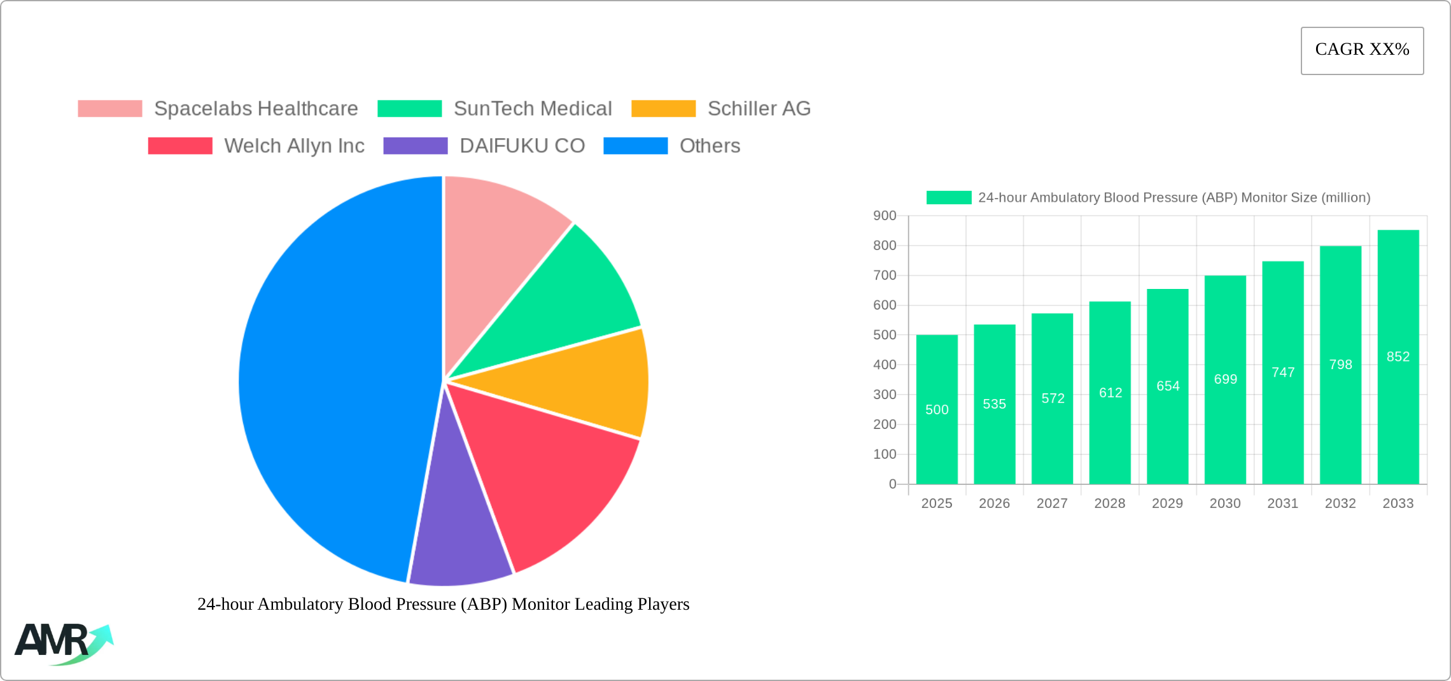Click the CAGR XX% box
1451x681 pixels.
(1362, 50)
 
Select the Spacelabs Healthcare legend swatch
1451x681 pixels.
(110, 109)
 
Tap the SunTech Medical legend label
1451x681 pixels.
(533, 109)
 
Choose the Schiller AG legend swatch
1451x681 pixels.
(663, 109)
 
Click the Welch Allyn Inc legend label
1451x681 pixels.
(294, 146)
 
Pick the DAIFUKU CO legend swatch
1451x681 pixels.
(416, 146)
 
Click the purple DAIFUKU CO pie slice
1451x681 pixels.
(458, 541)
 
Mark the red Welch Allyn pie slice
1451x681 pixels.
(541, 471)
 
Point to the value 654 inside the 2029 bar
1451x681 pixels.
(1168, 386)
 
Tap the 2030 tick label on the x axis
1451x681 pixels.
(1225, 503)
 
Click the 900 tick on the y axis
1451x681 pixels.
(885, 216)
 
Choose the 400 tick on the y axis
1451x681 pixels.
(885, 365)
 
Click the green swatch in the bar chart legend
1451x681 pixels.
(949, 198)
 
